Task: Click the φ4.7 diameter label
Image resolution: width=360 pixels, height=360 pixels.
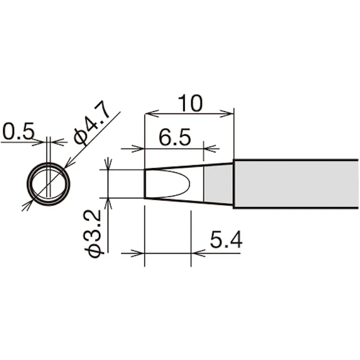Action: [91, 124]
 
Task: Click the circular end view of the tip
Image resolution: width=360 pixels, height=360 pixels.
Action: [48, 183]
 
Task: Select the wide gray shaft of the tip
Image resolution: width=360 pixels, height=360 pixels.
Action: [296, 184]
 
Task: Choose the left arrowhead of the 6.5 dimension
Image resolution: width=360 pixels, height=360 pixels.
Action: [140, 148]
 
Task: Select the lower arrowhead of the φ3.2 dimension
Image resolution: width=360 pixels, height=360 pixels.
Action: [108, 202]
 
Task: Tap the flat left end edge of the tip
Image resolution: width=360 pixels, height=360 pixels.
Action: [145, 184]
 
